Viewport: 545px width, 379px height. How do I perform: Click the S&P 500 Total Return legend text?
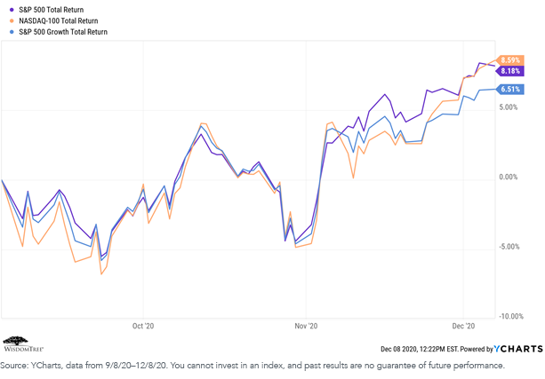tap(51, 10)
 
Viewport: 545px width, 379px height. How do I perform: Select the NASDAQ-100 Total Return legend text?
tap(59, 20)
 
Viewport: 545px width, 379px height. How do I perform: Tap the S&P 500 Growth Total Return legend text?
tap(63, 32)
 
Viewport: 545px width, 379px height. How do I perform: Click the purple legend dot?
tap(12, 10)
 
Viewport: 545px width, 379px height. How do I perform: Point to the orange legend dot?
tap(12, 20)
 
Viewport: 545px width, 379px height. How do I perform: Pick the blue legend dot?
tap(12, 32)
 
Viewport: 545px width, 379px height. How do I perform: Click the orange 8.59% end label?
tap(510, 60)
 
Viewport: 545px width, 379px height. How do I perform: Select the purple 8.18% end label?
tap(510, 71)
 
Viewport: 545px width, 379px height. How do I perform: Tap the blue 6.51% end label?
tap(510, 89)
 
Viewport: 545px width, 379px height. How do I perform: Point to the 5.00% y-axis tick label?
tap(509, 107)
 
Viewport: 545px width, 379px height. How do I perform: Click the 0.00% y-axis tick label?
tap(509, 177)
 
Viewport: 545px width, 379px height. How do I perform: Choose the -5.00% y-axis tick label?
tap(509, 247)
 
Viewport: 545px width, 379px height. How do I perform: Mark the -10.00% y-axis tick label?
tap(511, 316)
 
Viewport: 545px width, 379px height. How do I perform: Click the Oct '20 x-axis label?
tap(143, 326)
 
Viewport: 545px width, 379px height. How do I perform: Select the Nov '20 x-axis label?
tap(306, 326)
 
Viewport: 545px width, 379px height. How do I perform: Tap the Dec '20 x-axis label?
tap(463, 326)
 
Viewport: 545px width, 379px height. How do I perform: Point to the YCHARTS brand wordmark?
tap(518, 349)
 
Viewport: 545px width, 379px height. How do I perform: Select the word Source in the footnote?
tap(13, 366)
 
